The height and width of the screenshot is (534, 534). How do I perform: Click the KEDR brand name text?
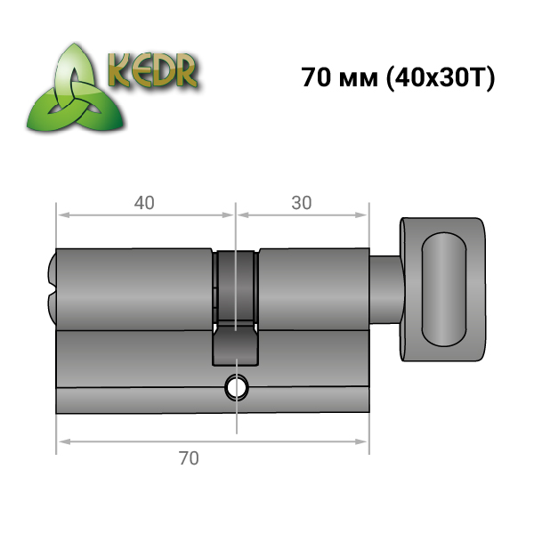(152, 71)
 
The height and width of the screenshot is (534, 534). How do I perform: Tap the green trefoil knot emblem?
(76, 89)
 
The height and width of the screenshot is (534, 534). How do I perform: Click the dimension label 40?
(144, 203)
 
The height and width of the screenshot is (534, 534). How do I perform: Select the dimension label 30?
(302, 203)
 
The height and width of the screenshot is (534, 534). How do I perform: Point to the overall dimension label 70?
(189, 458)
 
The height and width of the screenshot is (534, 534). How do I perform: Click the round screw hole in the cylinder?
(236, 387)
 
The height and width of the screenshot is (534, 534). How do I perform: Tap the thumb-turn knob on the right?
(442, 289)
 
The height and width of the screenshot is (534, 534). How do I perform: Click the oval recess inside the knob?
(444, 288)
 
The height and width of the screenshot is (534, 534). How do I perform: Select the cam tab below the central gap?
(236, 345)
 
